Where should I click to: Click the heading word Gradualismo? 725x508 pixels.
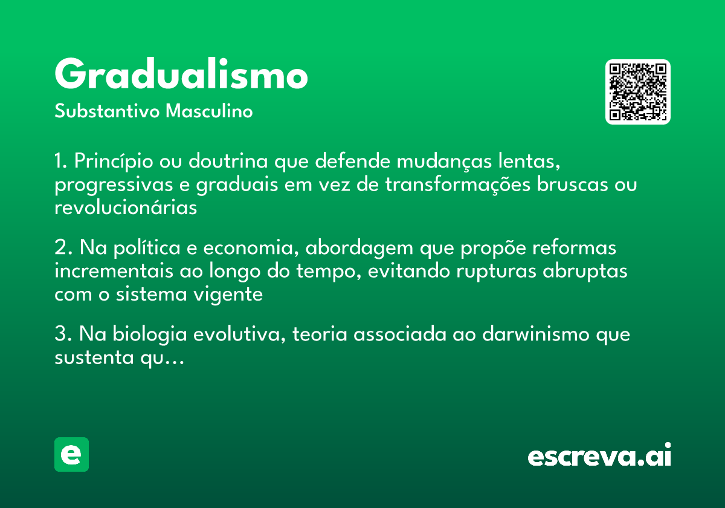(x=181, y=75)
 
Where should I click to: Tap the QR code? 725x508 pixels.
(x=638, y=92)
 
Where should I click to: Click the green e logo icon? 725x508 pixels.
(x=71, y=454)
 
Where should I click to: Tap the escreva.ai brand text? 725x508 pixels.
(x=599, y=456)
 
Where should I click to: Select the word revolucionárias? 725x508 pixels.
(x=126, y=207)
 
